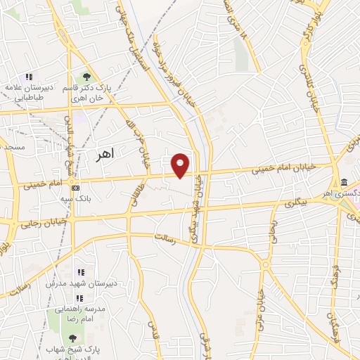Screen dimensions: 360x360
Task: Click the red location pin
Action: click(181, 165)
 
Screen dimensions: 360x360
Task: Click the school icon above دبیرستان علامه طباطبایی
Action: click(29, 77)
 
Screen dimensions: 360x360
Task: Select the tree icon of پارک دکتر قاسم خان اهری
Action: click(86, 76)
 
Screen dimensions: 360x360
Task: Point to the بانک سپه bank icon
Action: click(75, 188)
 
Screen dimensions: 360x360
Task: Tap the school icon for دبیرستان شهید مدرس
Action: click(80, 271)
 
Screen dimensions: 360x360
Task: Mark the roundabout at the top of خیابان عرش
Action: click(265, 264)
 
